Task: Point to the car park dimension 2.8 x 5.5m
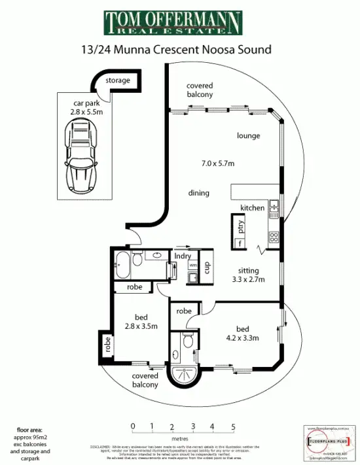point(86,112)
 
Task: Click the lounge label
point(248,136)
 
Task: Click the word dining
point(198,193)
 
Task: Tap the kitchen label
point(252,208)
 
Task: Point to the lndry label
point(183,256)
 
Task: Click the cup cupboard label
point(206,268)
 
